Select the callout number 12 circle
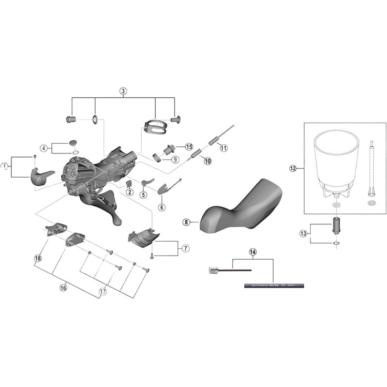[292, 168]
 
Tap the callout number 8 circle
[185, 222]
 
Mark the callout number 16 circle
[63, 287]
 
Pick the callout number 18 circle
[38, 258]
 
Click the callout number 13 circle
[304, 233]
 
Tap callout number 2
[129, 192]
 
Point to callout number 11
[223, 148]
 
